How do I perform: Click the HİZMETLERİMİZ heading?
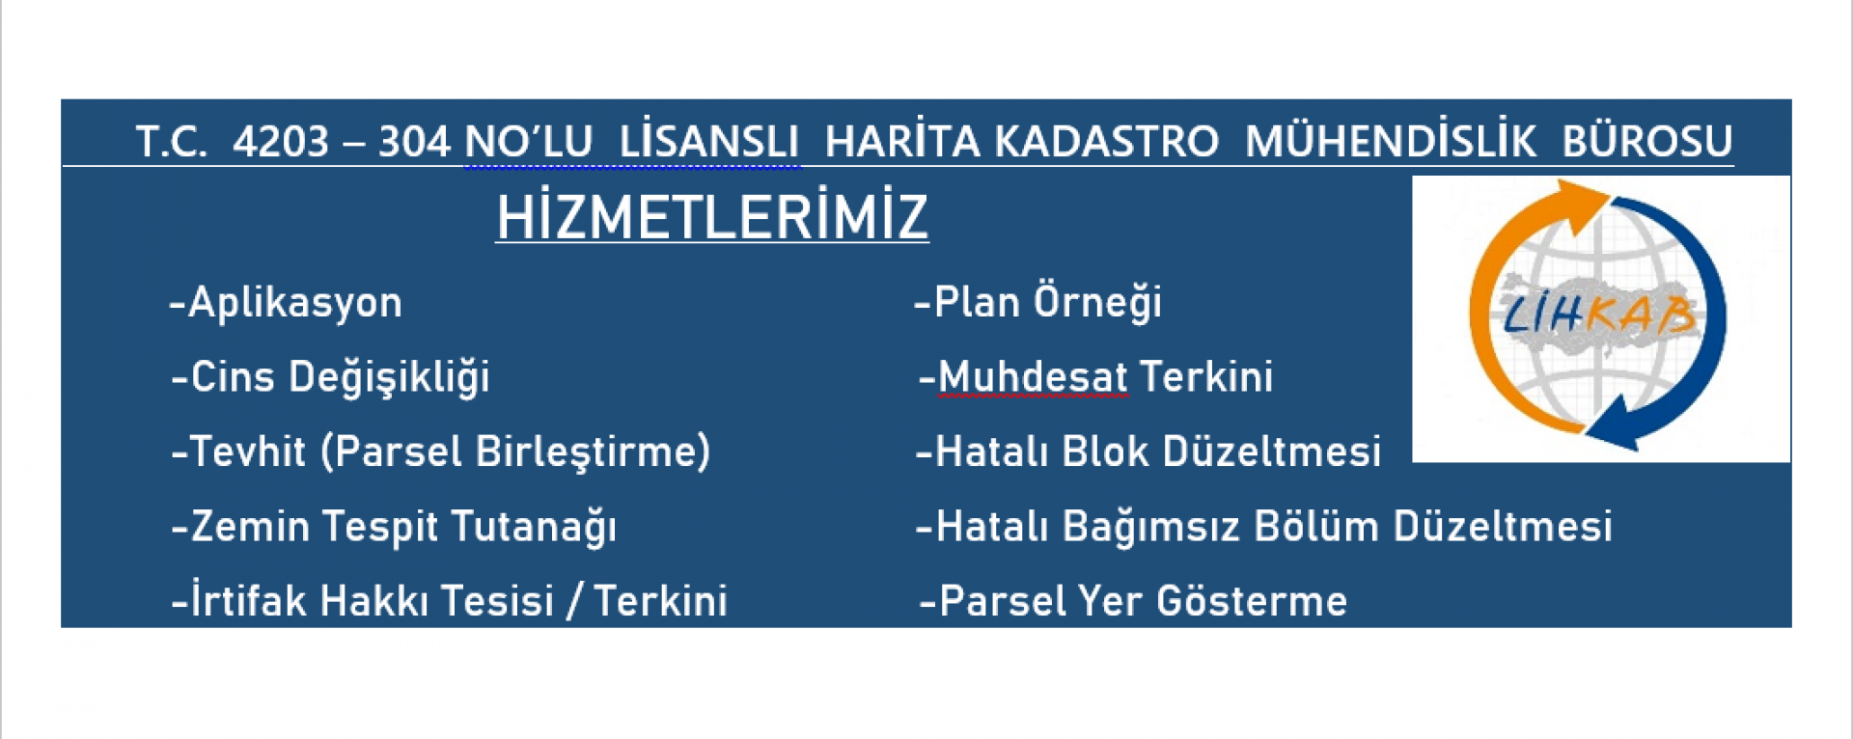[x=712, y=216]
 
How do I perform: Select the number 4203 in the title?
[x=281, y=142]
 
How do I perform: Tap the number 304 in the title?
[x=414, y=142]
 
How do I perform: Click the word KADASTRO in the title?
[x=1106, y=142]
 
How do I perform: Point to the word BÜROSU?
[x=1647, y=141]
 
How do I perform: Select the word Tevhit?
[x=247, y=452]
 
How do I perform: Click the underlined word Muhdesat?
[x=1033, y=377]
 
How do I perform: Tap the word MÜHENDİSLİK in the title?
[x=1391, y=141]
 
